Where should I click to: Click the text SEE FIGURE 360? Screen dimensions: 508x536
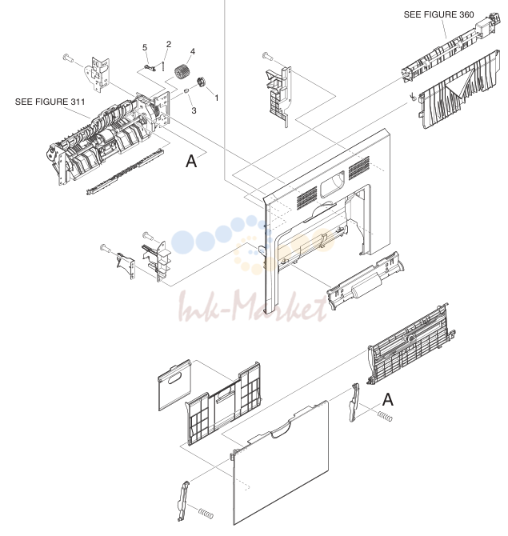click(438, 14)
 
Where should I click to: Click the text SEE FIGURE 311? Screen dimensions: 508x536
click(50, 102)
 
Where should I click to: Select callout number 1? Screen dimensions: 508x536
click(216, 98)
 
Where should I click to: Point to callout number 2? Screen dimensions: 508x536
click(169, 44)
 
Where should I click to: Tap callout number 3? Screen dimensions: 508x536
click(194, 110)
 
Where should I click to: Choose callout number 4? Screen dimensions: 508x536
click(193, 52)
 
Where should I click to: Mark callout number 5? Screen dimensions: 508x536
click(145, 47)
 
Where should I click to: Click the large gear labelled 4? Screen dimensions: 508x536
click(181, 72)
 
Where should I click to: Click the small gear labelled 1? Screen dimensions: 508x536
click(201, 82)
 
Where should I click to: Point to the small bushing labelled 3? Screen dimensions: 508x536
click(186, 91)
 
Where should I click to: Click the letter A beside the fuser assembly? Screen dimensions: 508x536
click(191, 161)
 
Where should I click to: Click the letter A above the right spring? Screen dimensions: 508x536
click(388, 399)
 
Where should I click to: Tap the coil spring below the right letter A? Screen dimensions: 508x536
click(385, 416)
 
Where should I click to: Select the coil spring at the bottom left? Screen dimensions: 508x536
click(206, 514)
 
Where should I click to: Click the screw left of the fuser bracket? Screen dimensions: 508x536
click(68, 58)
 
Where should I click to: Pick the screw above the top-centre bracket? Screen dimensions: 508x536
click(267, 56)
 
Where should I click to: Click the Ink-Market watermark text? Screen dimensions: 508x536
click(252, 306)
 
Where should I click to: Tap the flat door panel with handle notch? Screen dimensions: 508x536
click(280, 463)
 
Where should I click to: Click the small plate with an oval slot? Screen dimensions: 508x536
click(174, 385)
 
